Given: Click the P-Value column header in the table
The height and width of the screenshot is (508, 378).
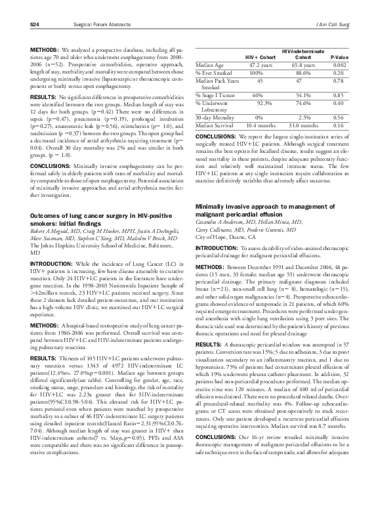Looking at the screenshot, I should click(x=339, y=57).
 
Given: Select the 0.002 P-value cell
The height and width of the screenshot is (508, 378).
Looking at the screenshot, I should click(x=339, y=66).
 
